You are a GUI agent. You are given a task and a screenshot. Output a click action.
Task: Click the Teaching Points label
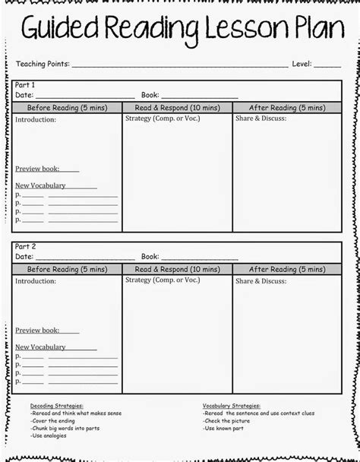pos(42,65)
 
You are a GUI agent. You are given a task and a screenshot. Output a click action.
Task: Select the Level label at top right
pos(303,65)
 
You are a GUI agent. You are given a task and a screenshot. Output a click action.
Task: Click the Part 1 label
pos(25,85)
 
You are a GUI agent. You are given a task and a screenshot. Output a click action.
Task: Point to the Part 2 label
pos(25,247)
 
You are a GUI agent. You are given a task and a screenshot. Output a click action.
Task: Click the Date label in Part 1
pos(24,95)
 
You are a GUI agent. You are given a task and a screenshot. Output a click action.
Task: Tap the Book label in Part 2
pos(150,257)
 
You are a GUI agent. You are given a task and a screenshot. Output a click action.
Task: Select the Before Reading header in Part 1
pos(67,108)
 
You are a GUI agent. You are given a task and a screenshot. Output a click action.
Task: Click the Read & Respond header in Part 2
pos(177,269)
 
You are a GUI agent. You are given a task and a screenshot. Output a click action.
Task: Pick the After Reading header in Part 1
pos(287,108)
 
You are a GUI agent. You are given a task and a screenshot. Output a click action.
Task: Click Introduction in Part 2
pos(36,281)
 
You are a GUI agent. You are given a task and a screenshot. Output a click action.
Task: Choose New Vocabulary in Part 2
pos(40,346)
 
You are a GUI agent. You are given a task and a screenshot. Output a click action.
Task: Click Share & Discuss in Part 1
pos(261,119)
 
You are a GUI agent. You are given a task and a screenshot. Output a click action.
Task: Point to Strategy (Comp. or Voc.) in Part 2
pos(163,280)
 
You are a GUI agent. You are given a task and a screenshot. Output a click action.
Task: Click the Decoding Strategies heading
pos(57,406)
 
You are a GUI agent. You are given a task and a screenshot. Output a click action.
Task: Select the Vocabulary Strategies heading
pos(232,406)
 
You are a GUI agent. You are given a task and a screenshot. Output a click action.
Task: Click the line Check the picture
pos(228,421)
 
